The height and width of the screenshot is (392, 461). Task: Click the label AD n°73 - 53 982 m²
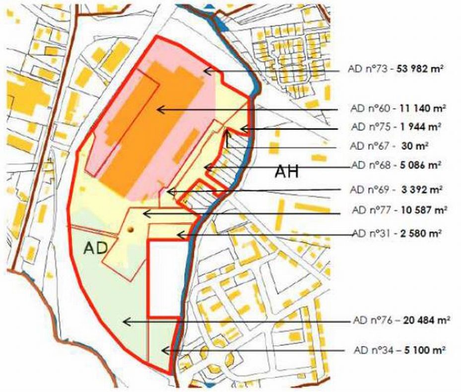pos(395,70)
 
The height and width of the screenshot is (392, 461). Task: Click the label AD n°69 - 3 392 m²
pos(396,190)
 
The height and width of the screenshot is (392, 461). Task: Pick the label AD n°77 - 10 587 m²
pos(398,210)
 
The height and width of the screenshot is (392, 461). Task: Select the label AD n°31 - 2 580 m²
pos(396,233)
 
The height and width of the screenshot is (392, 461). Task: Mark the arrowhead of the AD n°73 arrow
pos(205,70)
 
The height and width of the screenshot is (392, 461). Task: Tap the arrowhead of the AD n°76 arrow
pos(124,322)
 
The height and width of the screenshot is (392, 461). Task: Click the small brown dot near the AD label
pos(131,230)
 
